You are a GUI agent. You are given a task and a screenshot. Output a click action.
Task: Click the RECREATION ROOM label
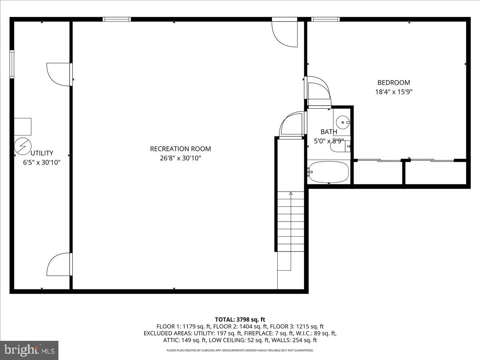pos(180,149)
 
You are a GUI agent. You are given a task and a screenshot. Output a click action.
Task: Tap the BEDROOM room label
pos(394,83)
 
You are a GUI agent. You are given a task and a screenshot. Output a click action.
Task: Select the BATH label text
pos(329,132)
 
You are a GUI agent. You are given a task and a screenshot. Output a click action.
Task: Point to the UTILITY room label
pos(42,153)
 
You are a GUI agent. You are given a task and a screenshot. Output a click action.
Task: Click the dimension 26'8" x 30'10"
pos(180,158)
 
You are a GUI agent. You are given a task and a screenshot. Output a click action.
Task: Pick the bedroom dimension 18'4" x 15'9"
pos(394,92)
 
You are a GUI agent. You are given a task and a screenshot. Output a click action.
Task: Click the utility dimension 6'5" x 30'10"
pos(42,162)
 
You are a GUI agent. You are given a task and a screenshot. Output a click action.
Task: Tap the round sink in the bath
pos(342,122)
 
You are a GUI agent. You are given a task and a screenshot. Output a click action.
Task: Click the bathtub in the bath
pos(329,172)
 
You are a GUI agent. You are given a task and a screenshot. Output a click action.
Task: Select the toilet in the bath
pos(340,147)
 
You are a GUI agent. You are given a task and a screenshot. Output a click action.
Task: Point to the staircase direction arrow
pos(291,194)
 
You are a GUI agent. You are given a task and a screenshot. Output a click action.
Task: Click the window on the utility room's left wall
pos(12,64)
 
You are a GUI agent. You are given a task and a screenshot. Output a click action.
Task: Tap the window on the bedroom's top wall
pos(325,19)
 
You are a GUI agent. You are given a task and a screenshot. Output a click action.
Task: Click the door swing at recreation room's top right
pos(284,33)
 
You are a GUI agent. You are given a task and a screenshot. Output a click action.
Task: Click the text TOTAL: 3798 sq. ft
pos(240,319)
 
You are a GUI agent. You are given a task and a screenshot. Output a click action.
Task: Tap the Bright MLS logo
pos(29,350)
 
